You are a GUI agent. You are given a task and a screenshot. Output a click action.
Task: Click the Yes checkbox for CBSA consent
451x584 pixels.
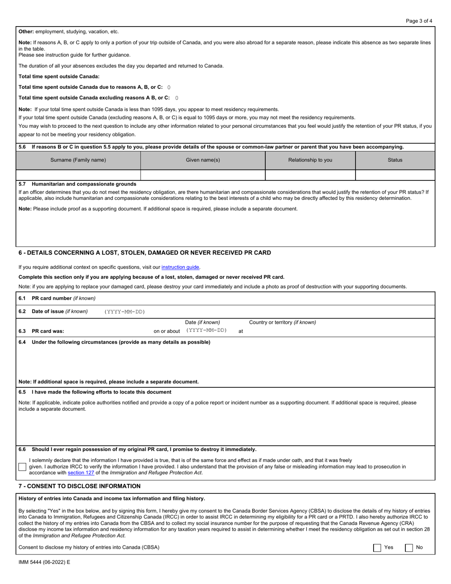[x=377, y=547]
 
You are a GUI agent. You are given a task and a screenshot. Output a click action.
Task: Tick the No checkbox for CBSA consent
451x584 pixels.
[x=409, y=547]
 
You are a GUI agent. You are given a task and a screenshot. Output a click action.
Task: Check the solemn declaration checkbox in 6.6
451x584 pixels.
[x=22, y=467]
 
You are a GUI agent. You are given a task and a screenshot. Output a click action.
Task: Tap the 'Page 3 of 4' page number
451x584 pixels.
[x=419, y=21]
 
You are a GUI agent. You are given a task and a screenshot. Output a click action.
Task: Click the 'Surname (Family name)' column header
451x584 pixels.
[x=78, y=160]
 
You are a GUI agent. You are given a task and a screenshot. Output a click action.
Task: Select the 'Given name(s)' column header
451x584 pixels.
[x=203, y=160]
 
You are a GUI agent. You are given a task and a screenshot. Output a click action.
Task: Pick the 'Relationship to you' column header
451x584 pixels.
[x=310, y=160]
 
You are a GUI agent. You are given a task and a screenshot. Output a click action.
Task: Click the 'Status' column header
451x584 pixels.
[x=395, y=160]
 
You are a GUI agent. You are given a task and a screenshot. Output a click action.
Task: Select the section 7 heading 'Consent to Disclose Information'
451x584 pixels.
[x=79, y=486]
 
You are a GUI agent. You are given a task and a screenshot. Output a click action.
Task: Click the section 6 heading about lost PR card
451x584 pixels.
[x=144, y=253]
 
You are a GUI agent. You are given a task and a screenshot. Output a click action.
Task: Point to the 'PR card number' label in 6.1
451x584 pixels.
[x=63, y=298]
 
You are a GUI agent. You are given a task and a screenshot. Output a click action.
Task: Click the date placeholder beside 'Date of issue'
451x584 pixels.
[x=124, y=311]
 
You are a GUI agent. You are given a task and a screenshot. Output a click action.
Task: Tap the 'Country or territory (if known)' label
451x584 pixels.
[x=282, y=322]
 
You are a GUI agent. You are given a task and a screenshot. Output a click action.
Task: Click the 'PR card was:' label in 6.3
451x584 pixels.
[x=47, y=331]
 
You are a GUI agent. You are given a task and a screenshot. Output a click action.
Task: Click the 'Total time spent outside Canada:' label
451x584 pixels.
[x=59, y=76]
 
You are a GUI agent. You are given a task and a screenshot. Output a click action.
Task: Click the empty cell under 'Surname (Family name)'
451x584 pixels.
[x=78, y=175]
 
